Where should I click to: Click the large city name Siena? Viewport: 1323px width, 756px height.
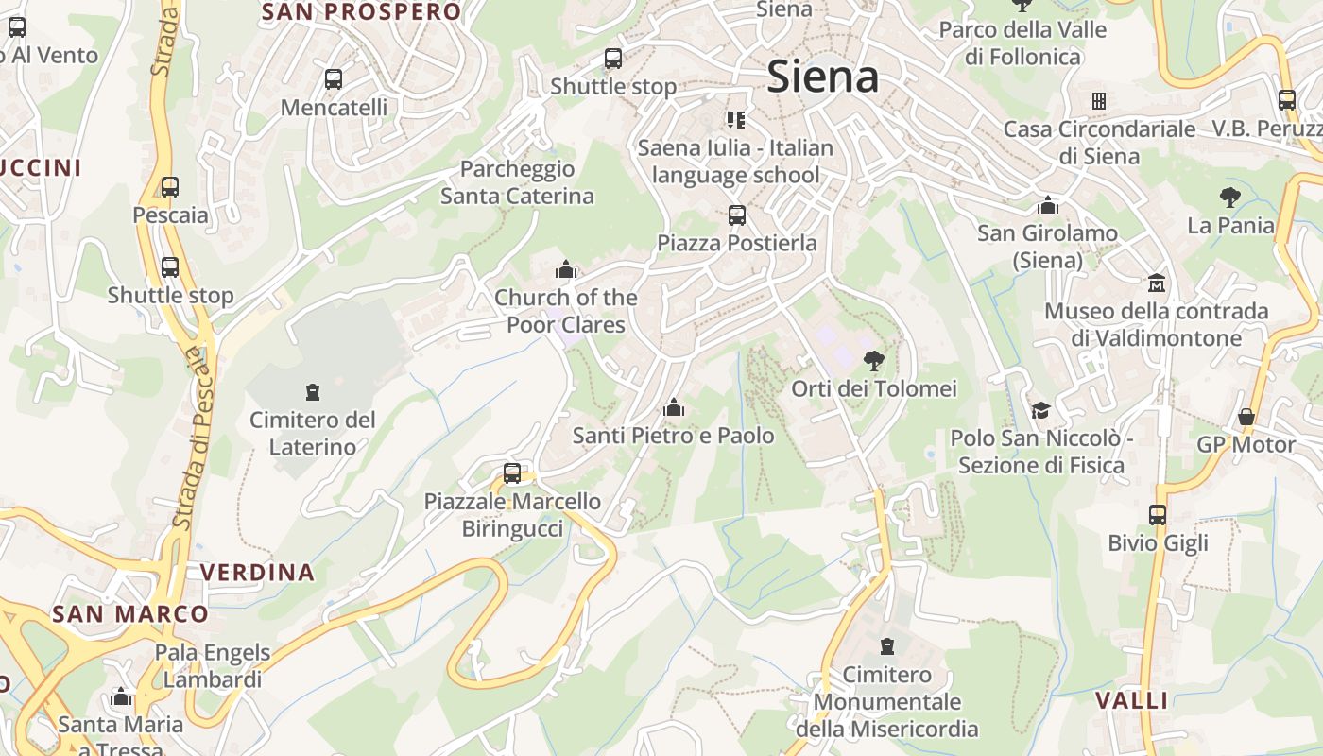tap(823, 76)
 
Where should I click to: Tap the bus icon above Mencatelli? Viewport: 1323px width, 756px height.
tap(334, 79)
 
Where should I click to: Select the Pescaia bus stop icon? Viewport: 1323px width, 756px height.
tap(170, 187)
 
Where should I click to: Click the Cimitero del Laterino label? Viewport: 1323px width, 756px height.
tap(312, 433)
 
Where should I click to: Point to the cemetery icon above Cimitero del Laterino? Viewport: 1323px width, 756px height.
tap(312, 391)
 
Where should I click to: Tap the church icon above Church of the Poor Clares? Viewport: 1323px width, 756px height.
tap(566, 270)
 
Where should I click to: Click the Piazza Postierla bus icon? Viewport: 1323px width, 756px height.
tap(737, 215)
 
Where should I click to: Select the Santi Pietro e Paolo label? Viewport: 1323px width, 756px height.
tap(673, 436)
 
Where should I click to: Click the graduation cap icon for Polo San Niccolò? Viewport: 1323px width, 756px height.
tap(1040, 410)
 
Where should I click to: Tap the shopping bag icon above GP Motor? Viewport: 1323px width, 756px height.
tap(1246, 417)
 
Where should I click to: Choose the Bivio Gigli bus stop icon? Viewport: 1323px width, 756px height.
tap(1158, 515)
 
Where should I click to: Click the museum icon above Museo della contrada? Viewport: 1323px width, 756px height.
tap(1157, 283)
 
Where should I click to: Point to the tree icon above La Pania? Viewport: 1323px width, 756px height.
tap(1230, 198)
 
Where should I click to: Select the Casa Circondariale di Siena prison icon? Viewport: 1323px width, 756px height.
tap(1099, 100)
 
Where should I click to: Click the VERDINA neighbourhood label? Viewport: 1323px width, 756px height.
tap(257, 572)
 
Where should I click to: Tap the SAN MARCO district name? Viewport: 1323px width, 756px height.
tap(130, 613)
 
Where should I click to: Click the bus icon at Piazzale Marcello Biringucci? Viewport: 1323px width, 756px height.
tap(512, 472)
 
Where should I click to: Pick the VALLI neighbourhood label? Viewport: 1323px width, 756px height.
tap(1132, 700)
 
